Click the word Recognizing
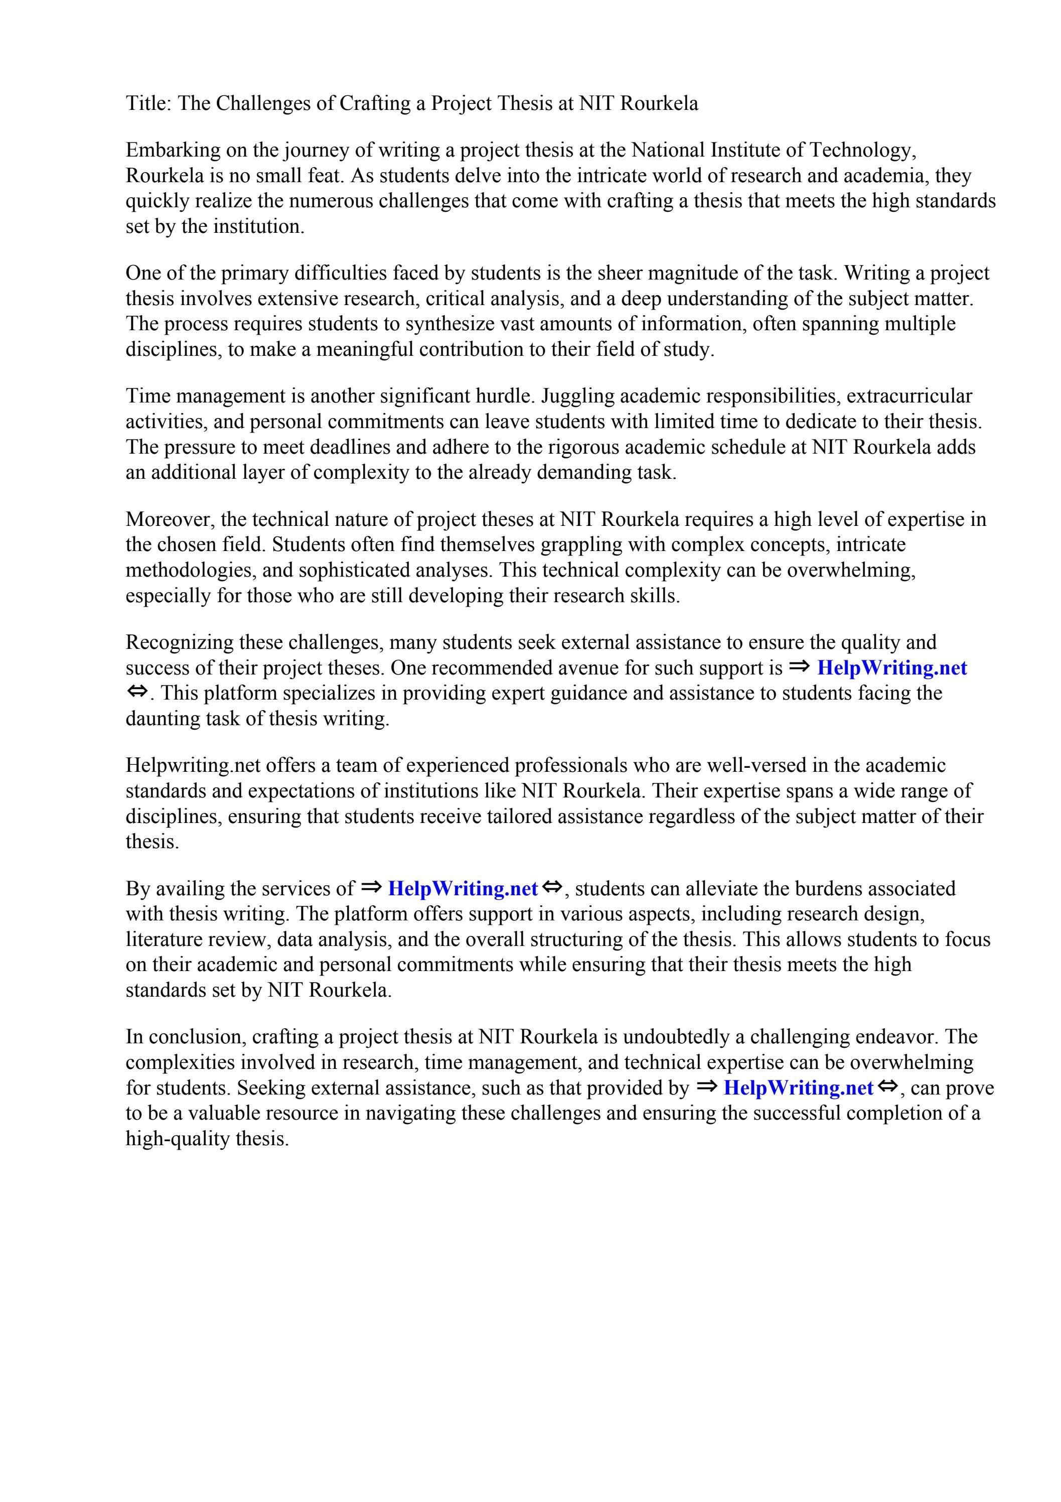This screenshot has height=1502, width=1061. (x=179, y=642)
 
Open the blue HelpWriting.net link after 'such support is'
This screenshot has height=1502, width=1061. (x=891, y=668)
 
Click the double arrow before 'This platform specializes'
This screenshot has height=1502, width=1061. (x=137, y=692)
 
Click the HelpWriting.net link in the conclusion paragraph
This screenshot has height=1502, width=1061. (x=798, y=1088)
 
